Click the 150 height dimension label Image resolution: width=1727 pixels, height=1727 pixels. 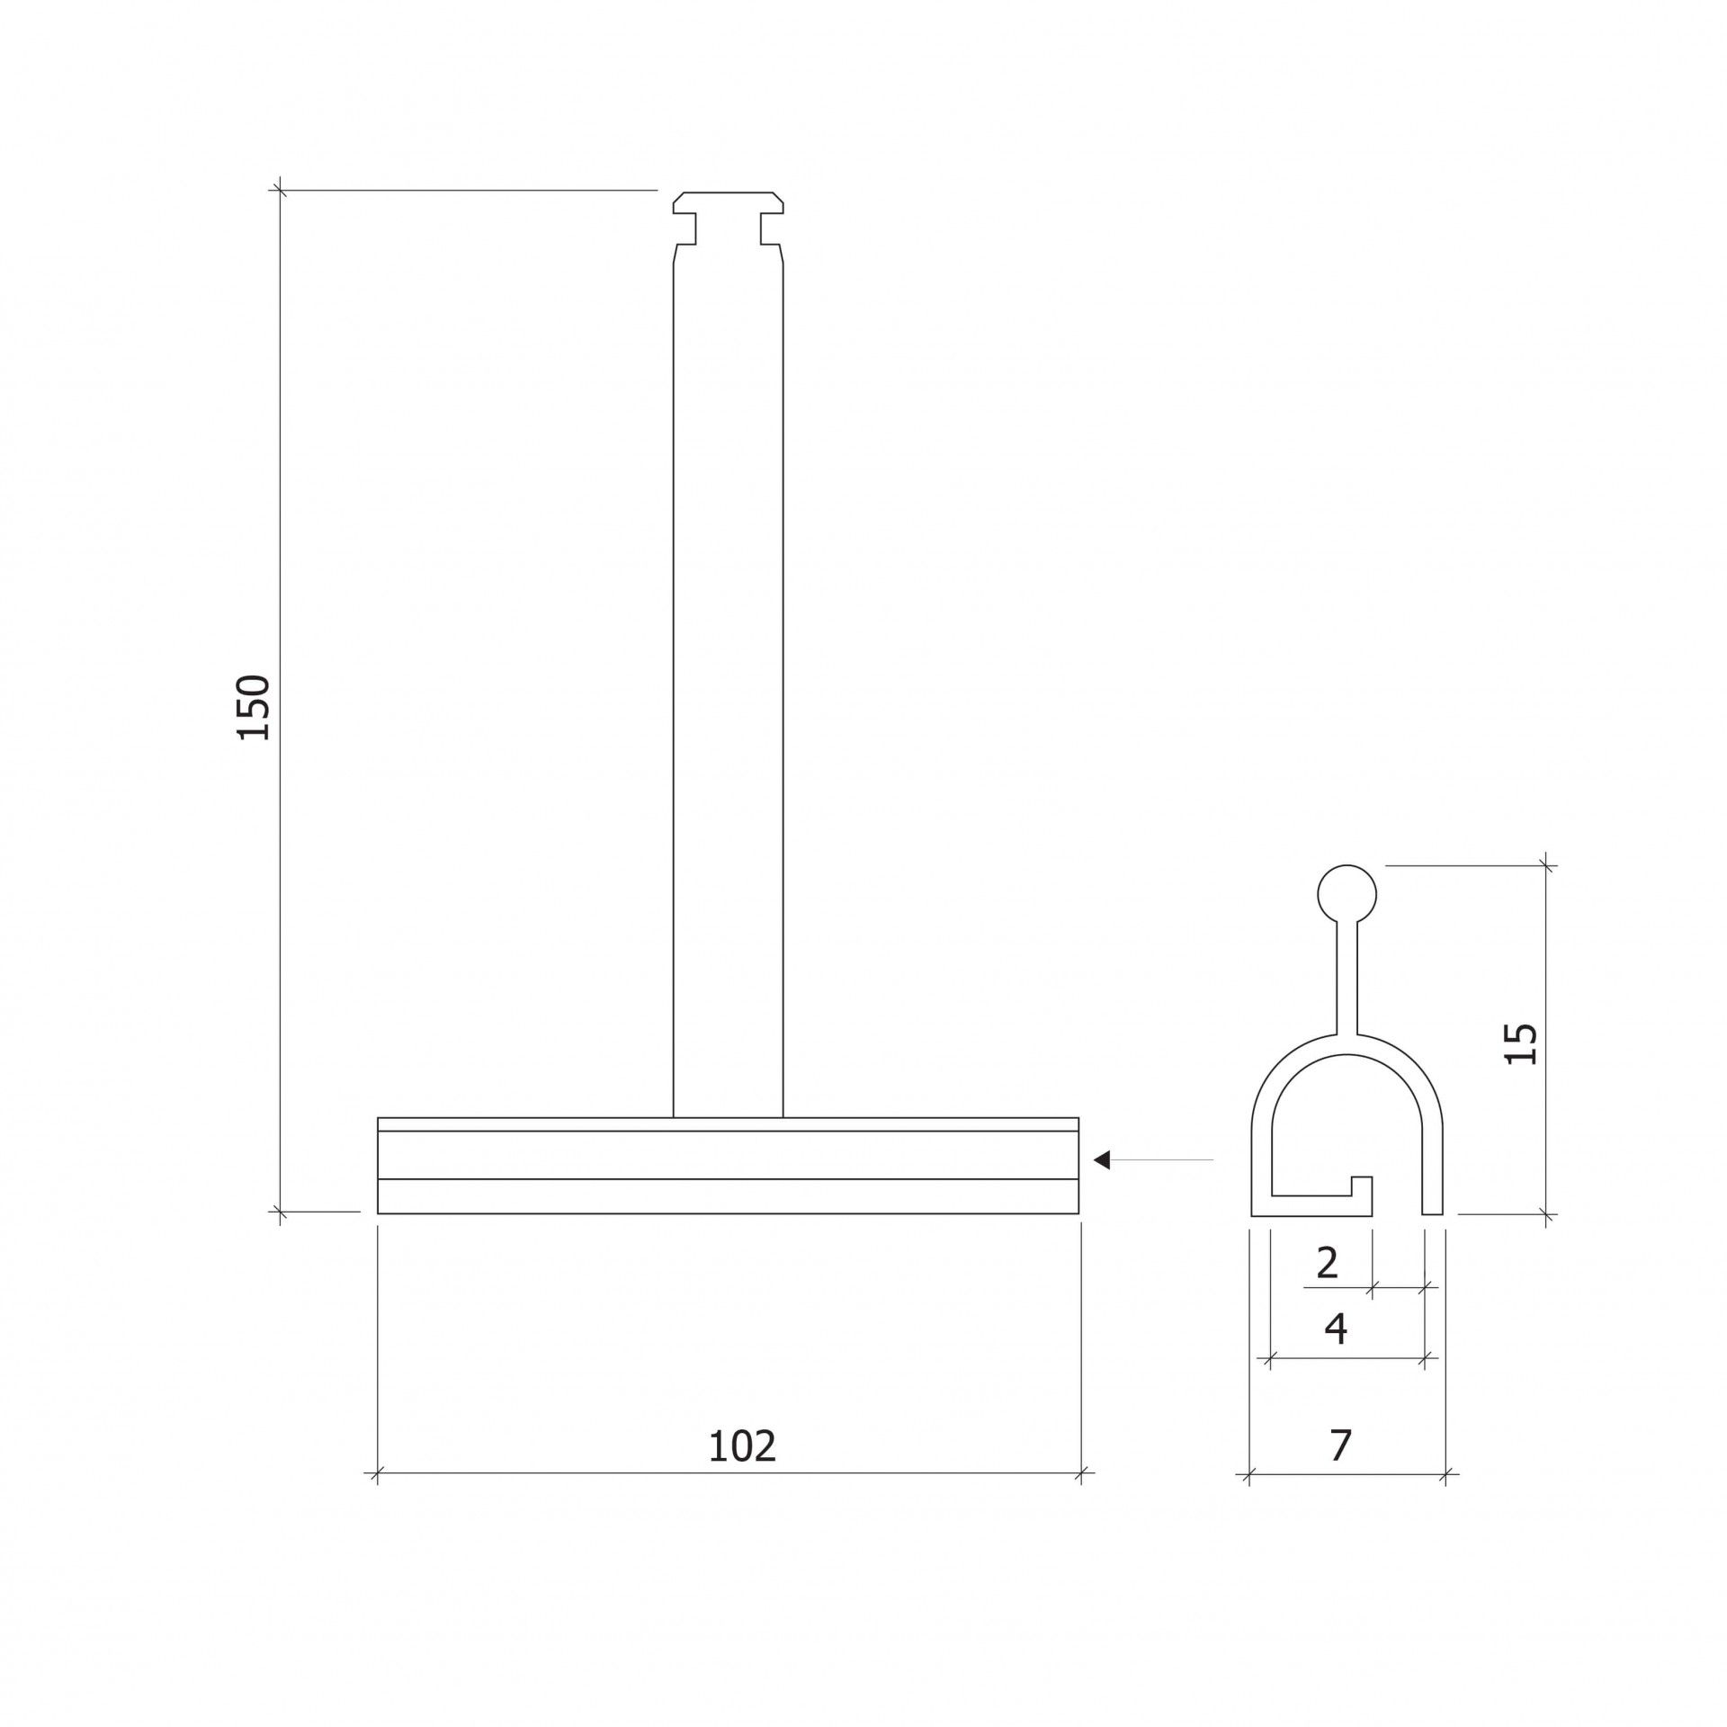tap(255, 707)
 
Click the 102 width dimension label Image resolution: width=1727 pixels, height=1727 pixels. tap(742, 1447)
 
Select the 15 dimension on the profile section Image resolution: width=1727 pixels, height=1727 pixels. tap(1521, 1043)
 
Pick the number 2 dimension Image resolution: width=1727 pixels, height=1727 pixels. tap(1327, 1264)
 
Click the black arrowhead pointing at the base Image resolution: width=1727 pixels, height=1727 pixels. tap(1102, 1160)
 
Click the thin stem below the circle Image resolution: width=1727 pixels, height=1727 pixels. tap(1347, 976)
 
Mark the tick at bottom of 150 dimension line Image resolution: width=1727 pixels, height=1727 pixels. tap(280, 1212)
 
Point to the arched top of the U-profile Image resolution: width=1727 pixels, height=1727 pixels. tap(1347, 1046)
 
